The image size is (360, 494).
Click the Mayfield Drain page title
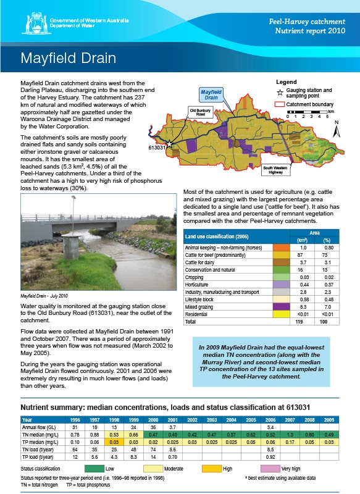[69, 58]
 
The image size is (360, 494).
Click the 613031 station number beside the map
[158, 148]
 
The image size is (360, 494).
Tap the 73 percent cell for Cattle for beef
[327, 254]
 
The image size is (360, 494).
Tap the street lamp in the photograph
[73, 204]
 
